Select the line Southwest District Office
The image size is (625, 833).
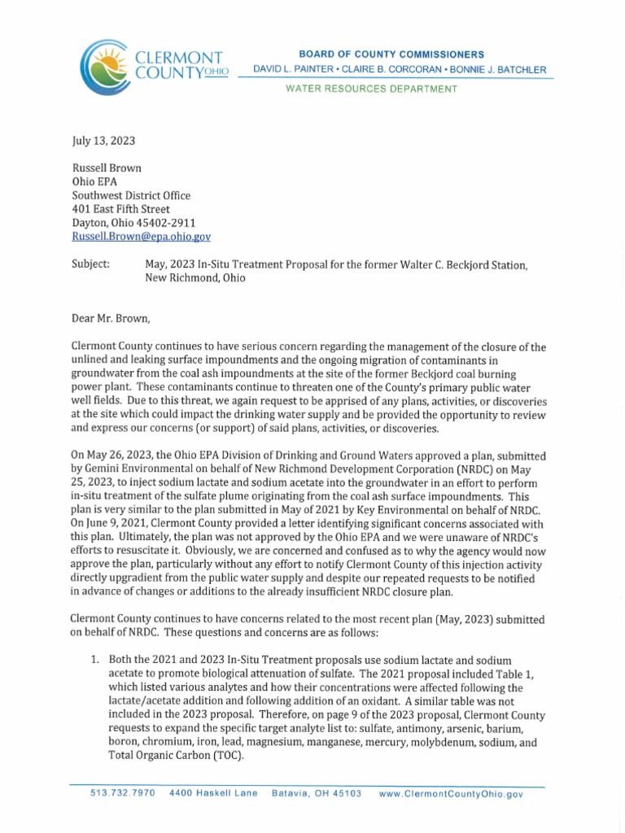[131, 195]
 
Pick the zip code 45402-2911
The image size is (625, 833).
[167, 222]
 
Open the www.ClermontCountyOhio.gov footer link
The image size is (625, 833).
[451, 793]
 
